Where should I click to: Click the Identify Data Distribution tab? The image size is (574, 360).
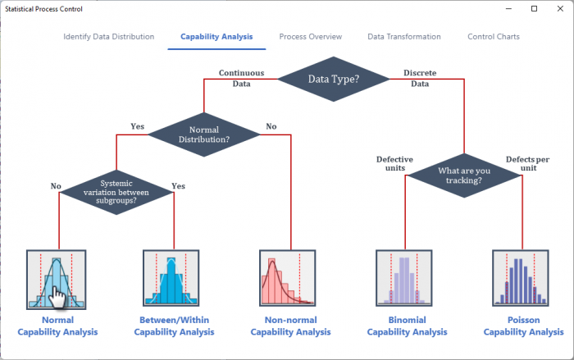coord(109,37)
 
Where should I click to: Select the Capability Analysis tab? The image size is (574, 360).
coord(216,37)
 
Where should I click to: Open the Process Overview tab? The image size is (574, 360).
coord(311,37)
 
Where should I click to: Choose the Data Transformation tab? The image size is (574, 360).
coord(404,37)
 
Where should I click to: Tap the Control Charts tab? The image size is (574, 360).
coord(494,37)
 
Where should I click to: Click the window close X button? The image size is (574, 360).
coord(560,9)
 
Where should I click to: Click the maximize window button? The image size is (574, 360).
coord(534,9)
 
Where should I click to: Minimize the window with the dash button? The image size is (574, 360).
coord(508,9)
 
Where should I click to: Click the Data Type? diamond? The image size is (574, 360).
coord(334,79)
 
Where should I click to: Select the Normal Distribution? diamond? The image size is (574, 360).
coord(204,134)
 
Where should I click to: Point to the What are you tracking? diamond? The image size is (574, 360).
coord(464,175)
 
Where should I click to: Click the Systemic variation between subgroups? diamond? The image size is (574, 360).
coord(116,192)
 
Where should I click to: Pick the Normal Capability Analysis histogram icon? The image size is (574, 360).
coord(57,280)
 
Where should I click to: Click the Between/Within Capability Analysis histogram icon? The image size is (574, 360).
coord(171,278)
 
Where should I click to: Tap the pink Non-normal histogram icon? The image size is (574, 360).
coord(287,278)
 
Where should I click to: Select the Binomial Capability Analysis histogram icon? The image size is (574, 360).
coord(403,278)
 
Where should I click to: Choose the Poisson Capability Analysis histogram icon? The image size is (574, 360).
coord(520,278)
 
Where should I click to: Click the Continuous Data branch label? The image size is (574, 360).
coord(242,79)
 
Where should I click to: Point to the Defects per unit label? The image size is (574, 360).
coord(528,164)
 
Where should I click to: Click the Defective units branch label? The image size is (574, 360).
coord(394,164)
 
